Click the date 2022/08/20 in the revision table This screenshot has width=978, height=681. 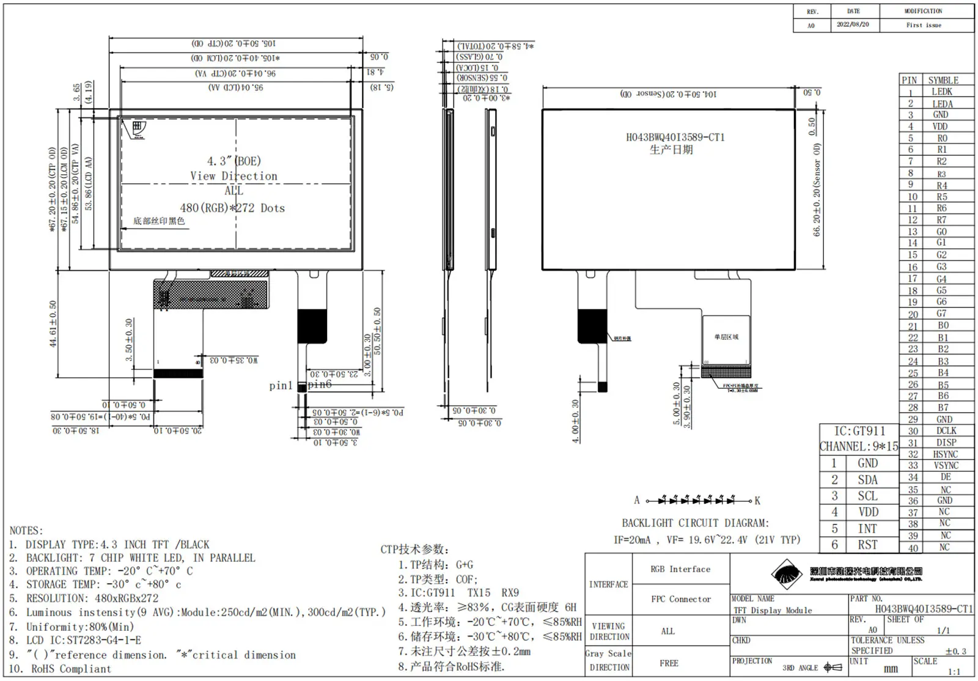click(x=853, y=24)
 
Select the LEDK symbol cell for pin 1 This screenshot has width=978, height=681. click(x=941, y=92)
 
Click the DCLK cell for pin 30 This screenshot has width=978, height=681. click(x=946, y=430)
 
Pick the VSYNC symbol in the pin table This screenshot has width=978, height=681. click(x=946, y=465)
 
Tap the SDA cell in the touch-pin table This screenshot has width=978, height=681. click(x=867, y=480)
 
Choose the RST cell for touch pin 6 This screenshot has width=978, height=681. click(x=867, y=545)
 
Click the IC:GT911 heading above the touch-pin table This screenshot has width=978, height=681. click(x=859, y=431)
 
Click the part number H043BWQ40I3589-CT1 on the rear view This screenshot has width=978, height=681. click(x=675, y=138)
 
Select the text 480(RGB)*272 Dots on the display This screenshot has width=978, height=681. click(x=232, y=208)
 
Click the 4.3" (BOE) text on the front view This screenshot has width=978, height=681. click(x=233, y=161)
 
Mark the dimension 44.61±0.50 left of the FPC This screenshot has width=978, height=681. click(x=53, y=324)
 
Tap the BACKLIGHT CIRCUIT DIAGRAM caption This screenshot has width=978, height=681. click(x=695, y=523)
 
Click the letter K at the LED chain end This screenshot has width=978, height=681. click(x=757, y=501)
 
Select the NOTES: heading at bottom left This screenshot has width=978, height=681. click(x=26, y=531)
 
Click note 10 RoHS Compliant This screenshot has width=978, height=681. click(x=60, y=669)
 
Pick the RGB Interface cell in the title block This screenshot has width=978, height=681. click(x=680, y=569)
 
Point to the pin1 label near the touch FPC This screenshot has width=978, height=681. click(x=281, y=386)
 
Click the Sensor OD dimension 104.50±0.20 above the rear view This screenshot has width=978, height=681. click(x=669, y=94)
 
